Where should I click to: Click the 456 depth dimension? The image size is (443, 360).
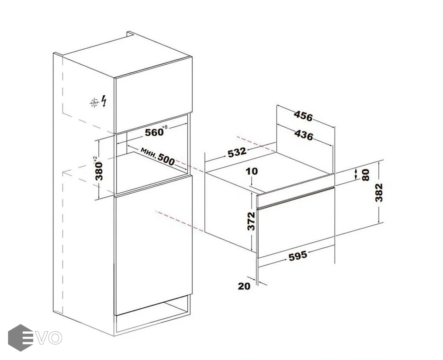click(303, 116)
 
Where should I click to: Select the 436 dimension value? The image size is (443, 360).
click(304, 135)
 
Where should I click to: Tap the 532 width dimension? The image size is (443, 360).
click(237, 152)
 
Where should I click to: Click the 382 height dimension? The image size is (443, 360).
click(379, 192)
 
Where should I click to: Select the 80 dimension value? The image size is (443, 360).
click(365, 175)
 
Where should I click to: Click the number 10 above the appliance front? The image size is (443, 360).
click(252, 171)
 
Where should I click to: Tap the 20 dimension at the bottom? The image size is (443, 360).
click(244, 286)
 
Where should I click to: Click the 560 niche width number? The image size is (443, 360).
click(154, 132)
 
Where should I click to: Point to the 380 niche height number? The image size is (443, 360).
click(100, 171)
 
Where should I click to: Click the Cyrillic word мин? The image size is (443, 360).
click(148, 153)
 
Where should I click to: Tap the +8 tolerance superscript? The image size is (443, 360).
click(165, 127)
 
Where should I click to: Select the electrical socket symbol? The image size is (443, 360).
click(94, 102)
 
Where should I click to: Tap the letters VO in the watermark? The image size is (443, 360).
click(50, 338)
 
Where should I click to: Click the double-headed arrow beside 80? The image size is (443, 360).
click(356, 174)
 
